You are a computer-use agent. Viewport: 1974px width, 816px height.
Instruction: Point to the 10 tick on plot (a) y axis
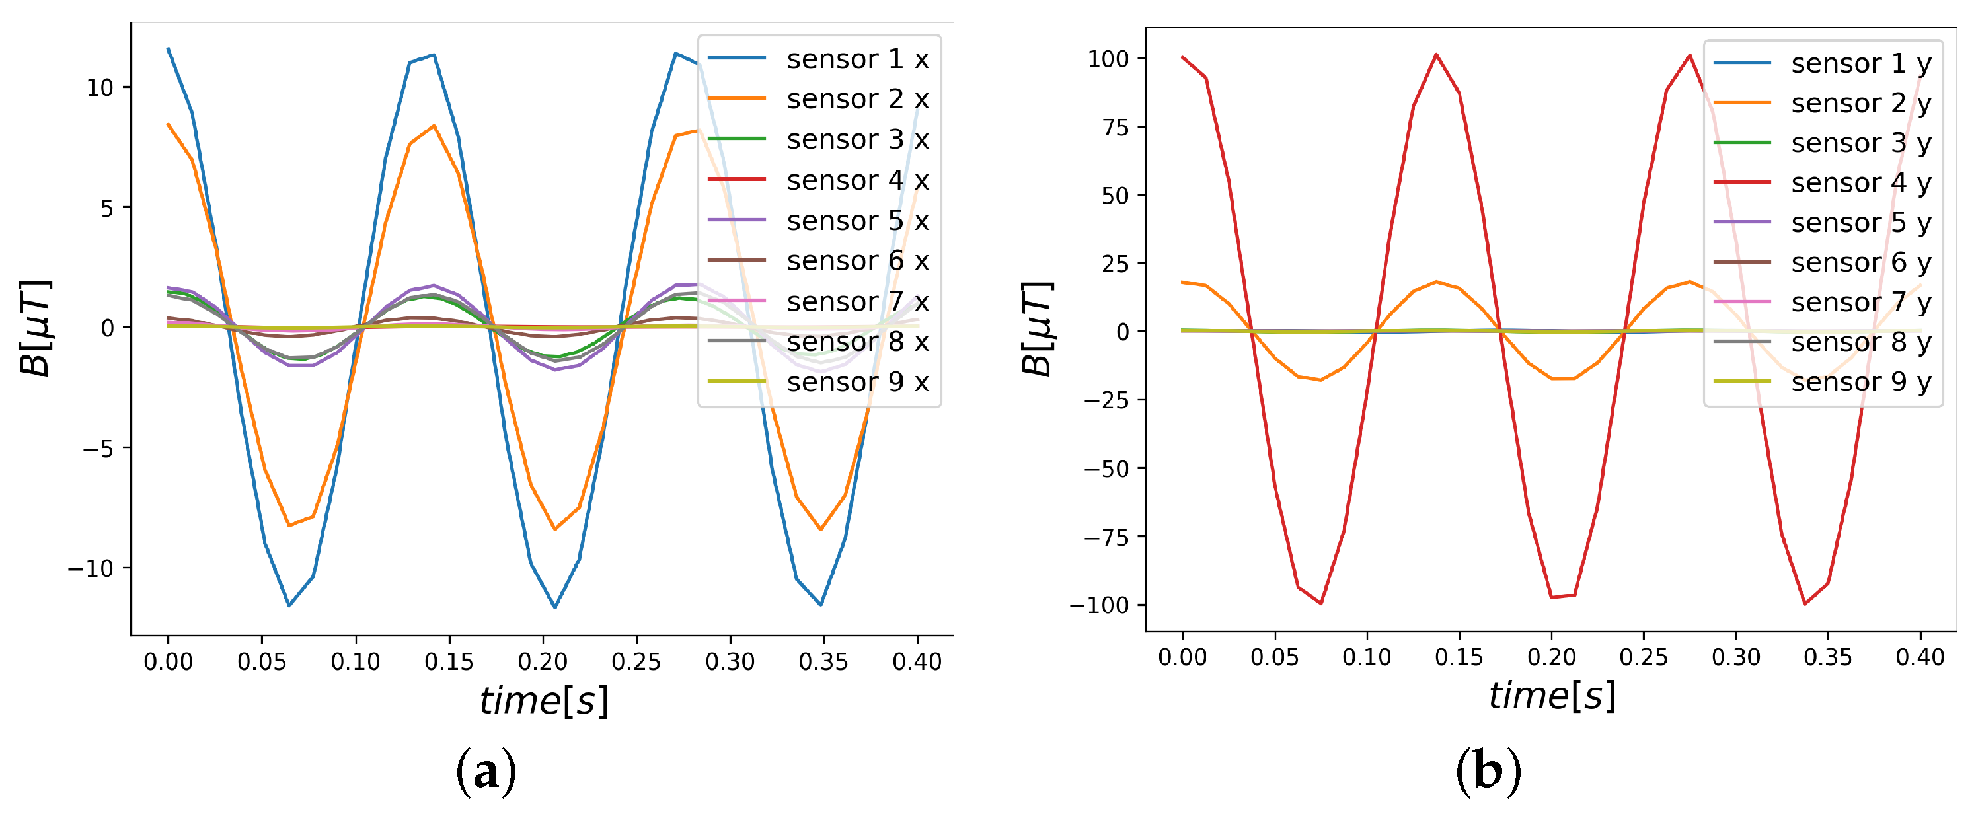100,88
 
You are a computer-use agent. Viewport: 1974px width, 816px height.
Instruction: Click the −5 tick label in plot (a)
98,448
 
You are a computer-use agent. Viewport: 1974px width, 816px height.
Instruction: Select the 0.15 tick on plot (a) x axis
449,661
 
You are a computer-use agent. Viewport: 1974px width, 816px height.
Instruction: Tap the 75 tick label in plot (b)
1116,127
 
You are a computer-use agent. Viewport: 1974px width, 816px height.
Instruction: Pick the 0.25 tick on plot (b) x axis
1644,657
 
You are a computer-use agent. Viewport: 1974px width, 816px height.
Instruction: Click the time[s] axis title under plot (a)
543,700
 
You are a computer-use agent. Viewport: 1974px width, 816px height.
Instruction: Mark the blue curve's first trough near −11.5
289,605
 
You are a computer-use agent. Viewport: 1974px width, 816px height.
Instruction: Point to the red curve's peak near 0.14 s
1436,54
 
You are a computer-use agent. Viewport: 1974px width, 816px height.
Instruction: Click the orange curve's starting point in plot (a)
169,124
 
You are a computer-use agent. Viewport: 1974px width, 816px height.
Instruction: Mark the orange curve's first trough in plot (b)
1320,379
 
